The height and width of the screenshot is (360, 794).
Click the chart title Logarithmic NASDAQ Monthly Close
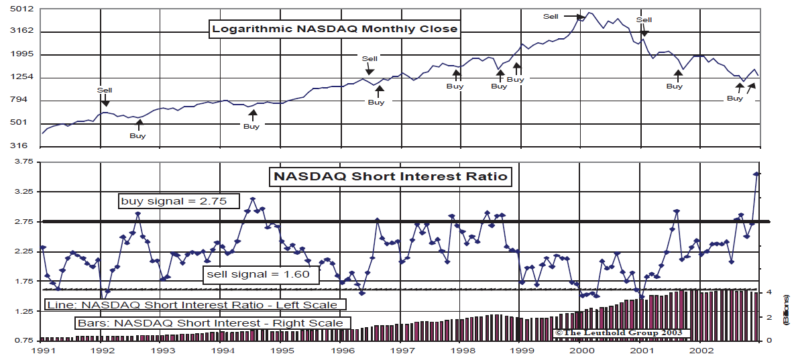[335, 29]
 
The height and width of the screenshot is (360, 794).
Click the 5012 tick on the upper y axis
[22, 9]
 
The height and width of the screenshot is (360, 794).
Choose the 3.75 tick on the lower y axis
[22, 162]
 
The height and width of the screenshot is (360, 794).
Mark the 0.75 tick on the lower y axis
[22, 340]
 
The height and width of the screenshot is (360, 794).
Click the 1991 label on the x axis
[42, 351]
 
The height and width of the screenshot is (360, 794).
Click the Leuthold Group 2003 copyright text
[618, 333]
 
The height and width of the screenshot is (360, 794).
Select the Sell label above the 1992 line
[105, 90]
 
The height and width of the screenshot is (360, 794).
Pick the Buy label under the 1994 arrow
[251, 126]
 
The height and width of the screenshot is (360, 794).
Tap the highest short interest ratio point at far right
[756, 174]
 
